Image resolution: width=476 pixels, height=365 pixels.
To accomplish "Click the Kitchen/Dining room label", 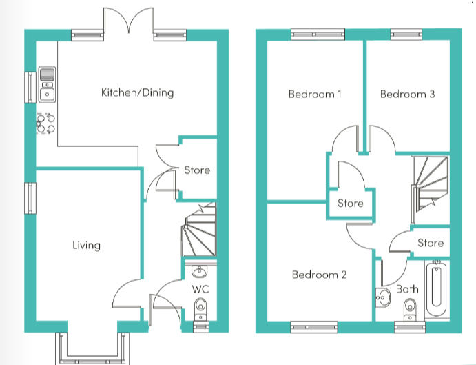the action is (137, 92).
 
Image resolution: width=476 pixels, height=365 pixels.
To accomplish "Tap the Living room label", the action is (87, 245).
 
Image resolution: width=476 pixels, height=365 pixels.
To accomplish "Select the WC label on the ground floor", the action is (200, 288).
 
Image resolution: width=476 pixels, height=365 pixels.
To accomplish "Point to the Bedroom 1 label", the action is (315, 94).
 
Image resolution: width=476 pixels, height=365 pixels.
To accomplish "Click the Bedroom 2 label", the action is (319, 275).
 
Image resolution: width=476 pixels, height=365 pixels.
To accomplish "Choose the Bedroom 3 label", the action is (407, 94).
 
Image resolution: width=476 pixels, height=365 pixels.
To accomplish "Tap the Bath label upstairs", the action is (407, 288).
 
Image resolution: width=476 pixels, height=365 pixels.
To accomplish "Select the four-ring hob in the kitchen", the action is (45, 124).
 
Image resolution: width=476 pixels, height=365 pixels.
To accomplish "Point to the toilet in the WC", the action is (200, 306).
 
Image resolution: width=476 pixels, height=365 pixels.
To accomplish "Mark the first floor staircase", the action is (430, 181).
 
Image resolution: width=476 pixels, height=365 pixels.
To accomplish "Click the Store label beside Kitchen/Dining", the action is (197, 170).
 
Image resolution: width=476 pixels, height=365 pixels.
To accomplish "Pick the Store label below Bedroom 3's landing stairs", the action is (431, 243).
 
